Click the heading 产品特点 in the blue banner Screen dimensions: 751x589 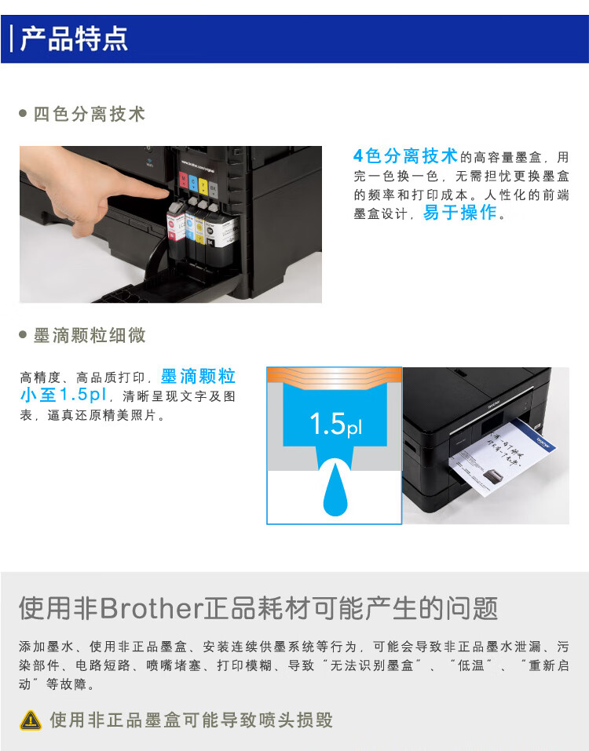74,38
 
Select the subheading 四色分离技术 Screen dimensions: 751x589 89,115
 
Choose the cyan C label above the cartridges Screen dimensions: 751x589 193,182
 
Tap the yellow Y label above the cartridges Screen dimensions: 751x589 203,186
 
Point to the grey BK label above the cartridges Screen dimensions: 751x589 214,190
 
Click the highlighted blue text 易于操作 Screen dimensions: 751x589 460,213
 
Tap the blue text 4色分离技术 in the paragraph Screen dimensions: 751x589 405,155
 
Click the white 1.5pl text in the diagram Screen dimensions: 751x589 335,425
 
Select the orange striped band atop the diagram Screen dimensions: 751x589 335,376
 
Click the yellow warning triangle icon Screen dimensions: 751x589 31,720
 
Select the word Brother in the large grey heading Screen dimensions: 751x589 151,608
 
